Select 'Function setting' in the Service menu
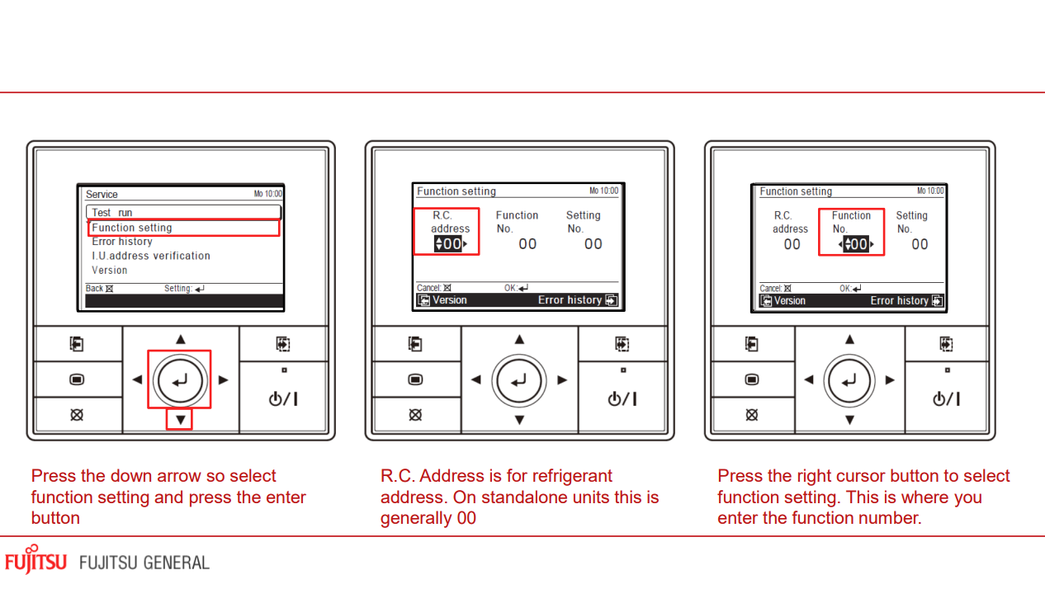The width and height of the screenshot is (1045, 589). click(132, 228)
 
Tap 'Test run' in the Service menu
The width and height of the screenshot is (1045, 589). click(112, 213)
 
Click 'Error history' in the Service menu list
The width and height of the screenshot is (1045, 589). click(122, 242)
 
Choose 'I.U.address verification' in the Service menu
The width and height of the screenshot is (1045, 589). click(151, 256)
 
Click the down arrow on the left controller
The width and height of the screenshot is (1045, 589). click(180, 420)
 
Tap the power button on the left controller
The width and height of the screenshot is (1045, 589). click(283, 398)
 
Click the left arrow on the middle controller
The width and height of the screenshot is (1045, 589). click(475, 380)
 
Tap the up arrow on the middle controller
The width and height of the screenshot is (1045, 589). click(519, 339)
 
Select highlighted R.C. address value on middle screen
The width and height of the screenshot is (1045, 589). click(450, 244)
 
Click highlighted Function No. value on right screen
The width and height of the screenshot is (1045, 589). click(856, 244)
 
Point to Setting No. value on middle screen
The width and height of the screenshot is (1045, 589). click(593, 244)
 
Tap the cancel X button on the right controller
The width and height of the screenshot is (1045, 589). click(751, 415)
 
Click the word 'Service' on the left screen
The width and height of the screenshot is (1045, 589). click(102, 195)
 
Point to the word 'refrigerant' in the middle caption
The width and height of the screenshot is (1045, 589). click(572, 476)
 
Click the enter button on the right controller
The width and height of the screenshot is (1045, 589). click(849, 380)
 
